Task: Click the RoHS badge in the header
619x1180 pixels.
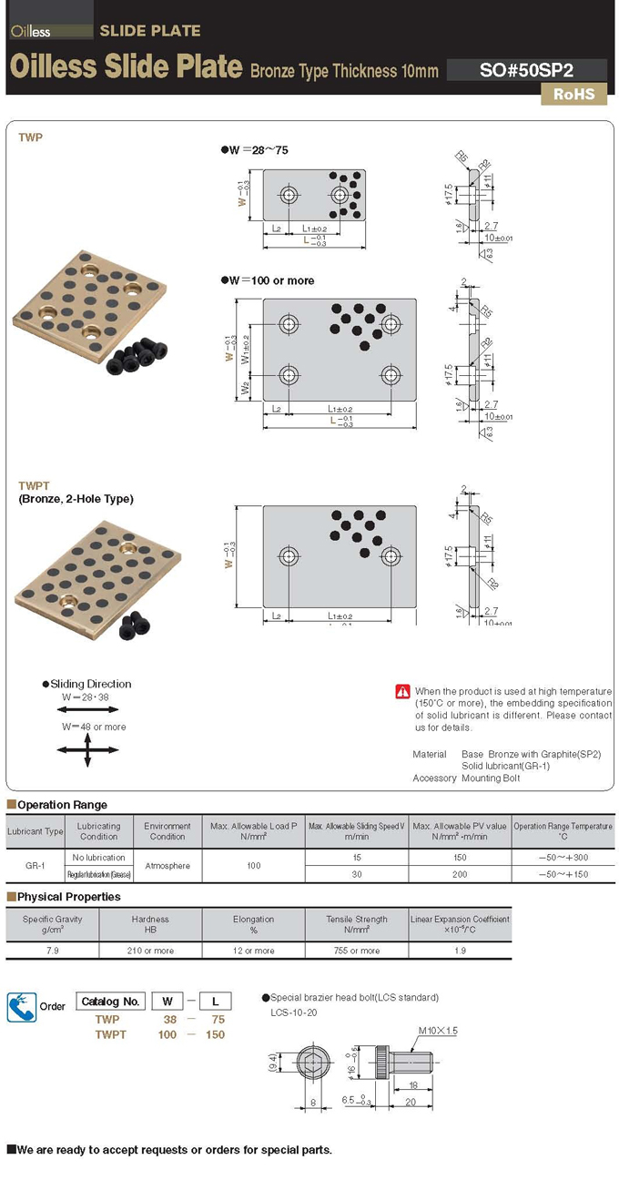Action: click(x=573, y=94)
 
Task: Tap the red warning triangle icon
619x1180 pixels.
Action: click(x=402, y=692)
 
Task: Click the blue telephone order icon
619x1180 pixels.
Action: click(x=22, y=1006)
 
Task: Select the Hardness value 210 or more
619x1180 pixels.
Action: click(x=150, y=951)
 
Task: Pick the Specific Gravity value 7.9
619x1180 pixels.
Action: click(x=52, y=951)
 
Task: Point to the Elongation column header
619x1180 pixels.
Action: click(x=254, y=924)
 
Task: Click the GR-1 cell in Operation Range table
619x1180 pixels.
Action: click(x=35, y=866)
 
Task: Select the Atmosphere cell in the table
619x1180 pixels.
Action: click(x=167, y=866)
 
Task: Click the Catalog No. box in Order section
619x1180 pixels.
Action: click(x=110, y=1002)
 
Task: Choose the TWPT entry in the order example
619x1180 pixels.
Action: click(x=110, y=1034)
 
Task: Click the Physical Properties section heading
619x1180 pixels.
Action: click(x=68, y=897)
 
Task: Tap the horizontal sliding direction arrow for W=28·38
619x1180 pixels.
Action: click(x=87, y=709)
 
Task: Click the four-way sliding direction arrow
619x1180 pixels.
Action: click(x=87, y=748)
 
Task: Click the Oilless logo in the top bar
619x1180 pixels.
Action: click(x=32, y=31)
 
